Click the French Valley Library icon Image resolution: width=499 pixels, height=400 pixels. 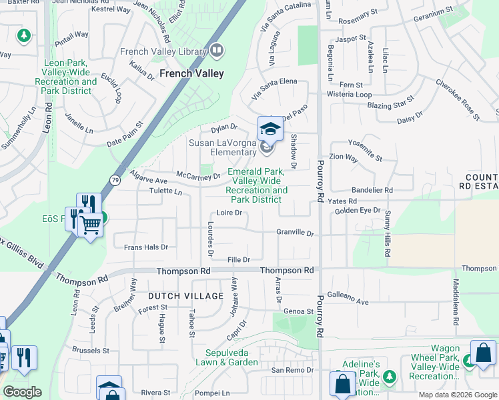217,51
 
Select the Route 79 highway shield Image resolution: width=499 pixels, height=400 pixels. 115,180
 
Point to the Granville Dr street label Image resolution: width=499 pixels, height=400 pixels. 295,233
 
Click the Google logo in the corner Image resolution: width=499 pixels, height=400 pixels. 22,391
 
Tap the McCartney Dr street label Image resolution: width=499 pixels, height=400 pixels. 198,177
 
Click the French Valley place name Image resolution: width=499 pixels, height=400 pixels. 191,74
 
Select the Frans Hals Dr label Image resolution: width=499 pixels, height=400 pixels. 145,247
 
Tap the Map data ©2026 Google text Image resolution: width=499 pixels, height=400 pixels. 458,395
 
